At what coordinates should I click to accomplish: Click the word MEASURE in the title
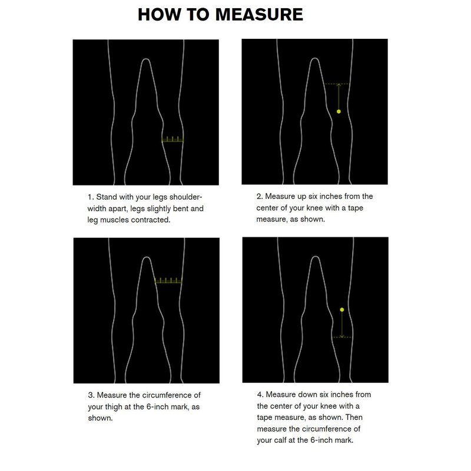(x=259, y=14)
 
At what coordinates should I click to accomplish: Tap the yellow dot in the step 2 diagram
(x=339, y=111)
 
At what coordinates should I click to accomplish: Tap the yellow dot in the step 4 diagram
(x=342, y=310)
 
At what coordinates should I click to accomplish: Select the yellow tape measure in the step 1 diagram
(x=173, y=140)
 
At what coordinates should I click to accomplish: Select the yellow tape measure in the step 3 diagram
(x=168, y=281)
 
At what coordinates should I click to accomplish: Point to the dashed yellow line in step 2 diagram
(x=337, y=84)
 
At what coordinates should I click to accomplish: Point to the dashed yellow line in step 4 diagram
(x=342, y=337)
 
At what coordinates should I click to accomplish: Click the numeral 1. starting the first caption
(x=91, y=197)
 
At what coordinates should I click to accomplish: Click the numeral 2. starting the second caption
(x=260, y=197)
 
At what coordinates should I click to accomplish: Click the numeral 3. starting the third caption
(x=91, y=395)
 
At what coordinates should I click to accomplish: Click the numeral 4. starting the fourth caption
(x=260, y=394)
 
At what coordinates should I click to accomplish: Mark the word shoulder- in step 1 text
(x=185, y=197)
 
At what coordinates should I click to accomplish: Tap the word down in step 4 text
(x=304, y=394)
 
